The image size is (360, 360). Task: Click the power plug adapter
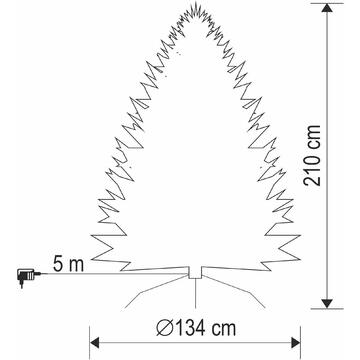pyautogui.click(x=27, y=276)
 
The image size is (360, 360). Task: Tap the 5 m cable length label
pyautogui.click(x=68, y=265)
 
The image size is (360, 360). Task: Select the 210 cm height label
pyautogui.click(x=312, y=155)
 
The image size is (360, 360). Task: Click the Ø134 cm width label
pyautogui.click(x=196, y=328)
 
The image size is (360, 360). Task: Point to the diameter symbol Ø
pyautogui.click(x=165, y=329)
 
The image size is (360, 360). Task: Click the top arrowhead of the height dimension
pyautogui.click(x=327, y=8)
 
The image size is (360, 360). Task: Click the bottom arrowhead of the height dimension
pyautogui.click(x=327, y=303)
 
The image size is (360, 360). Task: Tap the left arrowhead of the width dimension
pyautogui.click(x=95, y=342)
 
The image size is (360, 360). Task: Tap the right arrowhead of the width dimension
pyautogui.click(x=295, y=342)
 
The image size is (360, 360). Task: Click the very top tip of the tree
pyautogui.click(x=196, y=3)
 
